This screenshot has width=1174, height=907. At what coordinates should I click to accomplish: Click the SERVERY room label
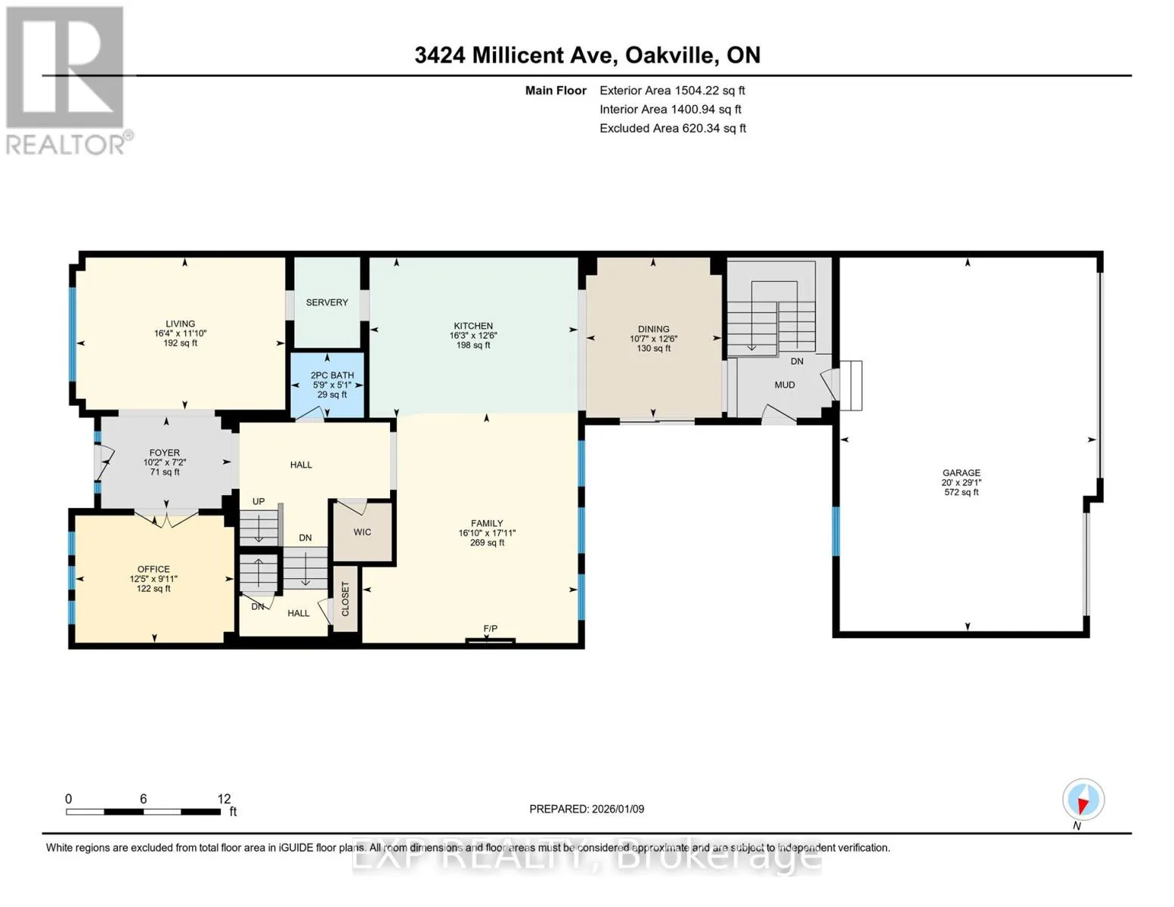[327, 302]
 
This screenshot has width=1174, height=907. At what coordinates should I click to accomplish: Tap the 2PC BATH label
[332, 375]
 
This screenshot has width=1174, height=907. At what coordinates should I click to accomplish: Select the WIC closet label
[362, 532]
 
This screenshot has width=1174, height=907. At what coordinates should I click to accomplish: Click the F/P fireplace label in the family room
[490, 628]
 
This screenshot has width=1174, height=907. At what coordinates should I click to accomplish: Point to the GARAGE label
[961, 472]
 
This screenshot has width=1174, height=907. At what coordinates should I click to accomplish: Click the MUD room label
[785, 385]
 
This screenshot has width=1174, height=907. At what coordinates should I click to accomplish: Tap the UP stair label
[259, 501]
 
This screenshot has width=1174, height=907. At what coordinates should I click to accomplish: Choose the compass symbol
[1083, 800]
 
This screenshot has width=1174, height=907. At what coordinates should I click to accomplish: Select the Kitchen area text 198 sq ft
[473, 345]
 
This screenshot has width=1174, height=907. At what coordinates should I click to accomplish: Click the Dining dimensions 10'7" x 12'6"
[653, 339]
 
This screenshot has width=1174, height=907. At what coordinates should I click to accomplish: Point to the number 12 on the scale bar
[224, 799]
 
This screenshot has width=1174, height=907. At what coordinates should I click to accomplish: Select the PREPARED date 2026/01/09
[618, 809]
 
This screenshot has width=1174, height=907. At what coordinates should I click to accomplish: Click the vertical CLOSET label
[345, 599]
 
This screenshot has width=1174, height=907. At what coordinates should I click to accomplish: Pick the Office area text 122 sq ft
[153, 589]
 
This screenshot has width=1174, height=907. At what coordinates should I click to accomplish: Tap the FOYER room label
[164, 453]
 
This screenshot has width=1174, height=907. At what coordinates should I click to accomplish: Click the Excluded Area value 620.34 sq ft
[710, 128]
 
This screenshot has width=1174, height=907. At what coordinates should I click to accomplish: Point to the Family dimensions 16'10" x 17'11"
[487, 533]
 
